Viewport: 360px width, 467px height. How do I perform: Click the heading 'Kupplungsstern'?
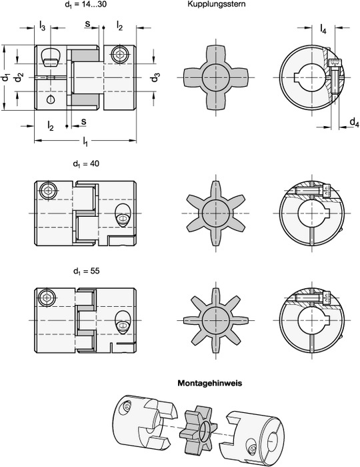click(216, 4)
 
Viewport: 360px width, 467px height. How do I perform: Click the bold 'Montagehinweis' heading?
click(210, 383)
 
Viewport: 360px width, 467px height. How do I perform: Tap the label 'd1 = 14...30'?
click(85, 5)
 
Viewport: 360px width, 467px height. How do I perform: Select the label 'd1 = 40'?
click(86, 164)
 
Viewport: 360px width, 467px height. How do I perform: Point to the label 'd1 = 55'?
click(86, 272)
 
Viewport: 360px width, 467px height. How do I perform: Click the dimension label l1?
click(85, 141)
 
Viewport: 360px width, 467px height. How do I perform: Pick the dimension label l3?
click(42, 26)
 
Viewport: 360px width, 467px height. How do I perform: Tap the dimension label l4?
click(323, 29)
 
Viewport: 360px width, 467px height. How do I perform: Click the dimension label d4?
click(354, 122)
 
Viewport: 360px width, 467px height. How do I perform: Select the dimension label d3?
click(155, 77)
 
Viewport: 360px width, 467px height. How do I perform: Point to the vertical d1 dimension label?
click(5, 77)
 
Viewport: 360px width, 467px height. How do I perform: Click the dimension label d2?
click(19, 77)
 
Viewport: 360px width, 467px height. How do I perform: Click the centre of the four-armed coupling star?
click(215, 77)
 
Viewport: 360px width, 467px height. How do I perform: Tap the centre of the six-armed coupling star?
click(215, 213)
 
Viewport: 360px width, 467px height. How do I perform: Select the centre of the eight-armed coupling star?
click(215, 320)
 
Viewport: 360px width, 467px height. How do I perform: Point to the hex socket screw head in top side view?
click(119, 55)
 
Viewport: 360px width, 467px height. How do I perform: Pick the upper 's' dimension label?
click(88, 23)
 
